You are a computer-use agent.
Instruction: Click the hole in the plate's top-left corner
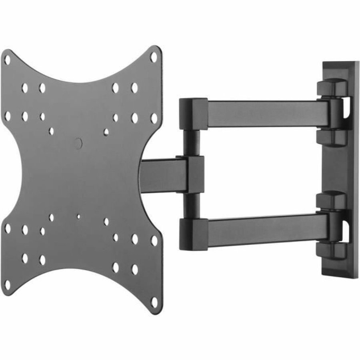coord(7,60)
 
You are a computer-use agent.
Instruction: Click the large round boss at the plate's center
coord(78,143)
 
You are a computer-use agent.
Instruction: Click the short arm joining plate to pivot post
coord(160,174)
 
